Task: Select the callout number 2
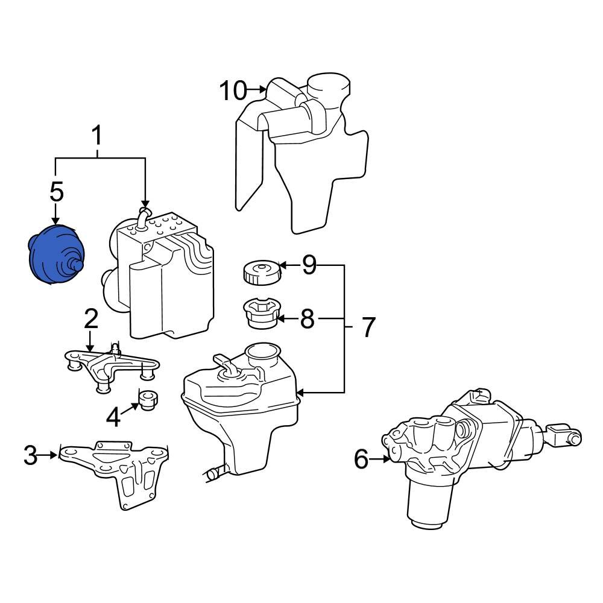pos(90,318)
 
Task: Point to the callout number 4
pos(113,416)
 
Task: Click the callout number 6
pos(361,459)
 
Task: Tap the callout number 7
pos(368,327)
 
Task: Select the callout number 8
pos(308,319)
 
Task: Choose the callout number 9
pos(309,265)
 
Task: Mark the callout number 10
pos(233,91)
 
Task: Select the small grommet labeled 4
pos(148,399)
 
